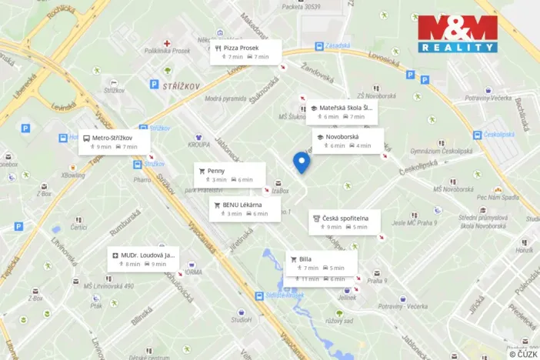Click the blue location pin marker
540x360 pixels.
click(x=302, y=162)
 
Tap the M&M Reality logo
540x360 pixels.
click(x=458, y=33)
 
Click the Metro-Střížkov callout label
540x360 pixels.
click(x=114, y=142)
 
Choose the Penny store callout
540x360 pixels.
click(x=228, y=175)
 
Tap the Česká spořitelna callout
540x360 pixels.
click(x=345, y=222)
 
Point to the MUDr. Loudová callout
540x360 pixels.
click(x=144, y=259)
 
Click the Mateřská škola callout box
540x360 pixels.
click(x=340, y=112)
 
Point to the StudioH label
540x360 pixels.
click(x=241, y=319)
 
